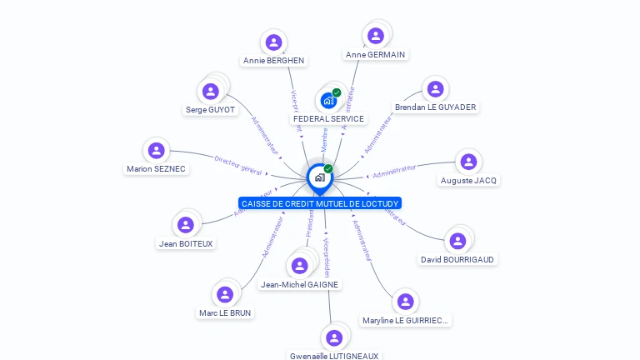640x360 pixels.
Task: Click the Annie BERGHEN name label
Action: click(273, 61)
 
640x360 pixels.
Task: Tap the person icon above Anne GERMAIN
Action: click(376, 36)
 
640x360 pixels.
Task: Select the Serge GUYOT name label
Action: click(211, 110)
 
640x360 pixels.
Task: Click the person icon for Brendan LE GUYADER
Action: click(434, 89)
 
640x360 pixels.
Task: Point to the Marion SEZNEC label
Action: click(156, 169)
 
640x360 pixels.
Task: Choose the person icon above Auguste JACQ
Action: click(468, 162)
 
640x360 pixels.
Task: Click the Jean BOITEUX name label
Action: click(186, 244)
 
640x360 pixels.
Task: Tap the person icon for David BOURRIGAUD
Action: click(457, 241)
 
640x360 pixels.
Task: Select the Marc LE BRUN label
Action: click(225, 313)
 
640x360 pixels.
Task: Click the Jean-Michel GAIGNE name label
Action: click(299, 285)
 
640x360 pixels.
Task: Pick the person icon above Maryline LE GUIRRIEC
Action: click(405, 302)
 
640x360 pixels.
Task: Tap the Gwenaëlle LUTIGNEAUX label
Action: click(334, 356)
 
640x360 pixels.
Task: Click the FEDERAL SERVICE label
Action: click(328, 119)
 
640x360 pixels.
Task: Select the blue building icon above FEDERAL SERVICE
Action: click(328, 100)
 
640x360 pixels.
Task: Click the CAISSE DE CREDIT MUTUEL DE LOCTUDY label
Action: click(319, 203)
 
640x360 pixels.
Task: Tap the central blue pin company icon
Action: click(319, 177)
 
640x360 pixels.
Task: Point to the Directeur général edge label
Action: click(238, 165)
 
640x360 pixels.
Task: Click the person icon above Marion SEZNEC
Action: click(156, 151)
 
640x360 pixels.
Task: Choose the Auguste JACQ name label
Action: click(468, 181)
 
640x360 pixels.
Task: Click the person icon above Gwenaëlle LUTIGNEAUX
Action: click(334, 337)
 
